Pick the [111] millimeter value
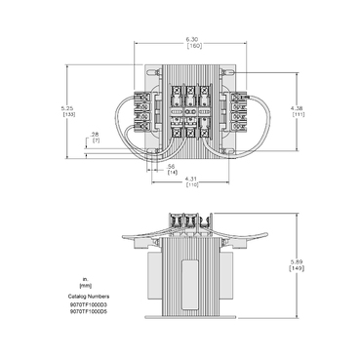tap(295, 114)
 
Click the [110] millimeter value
tap(193, 184)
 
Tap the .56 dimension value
tap(171, 167)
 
